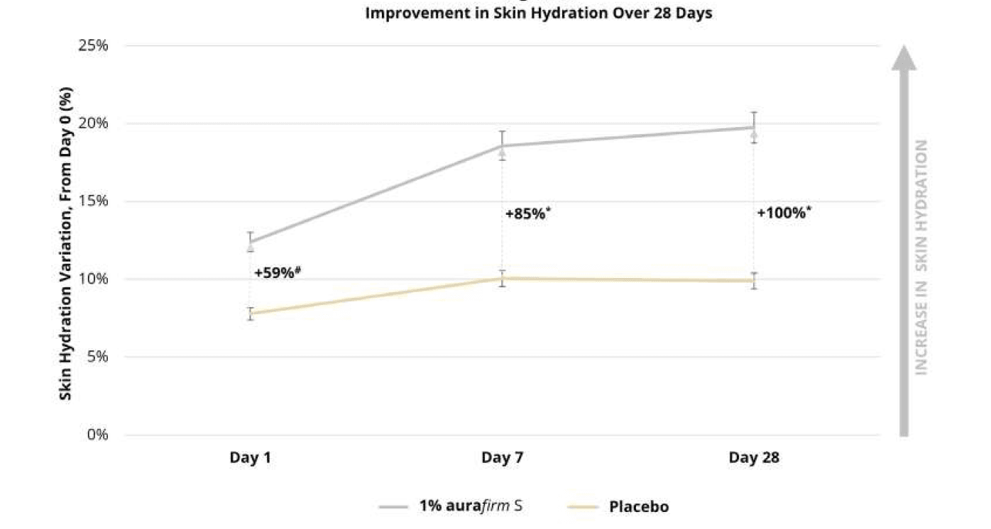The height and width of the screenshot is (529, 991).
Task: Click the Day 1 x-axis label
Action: [x=250, y=458]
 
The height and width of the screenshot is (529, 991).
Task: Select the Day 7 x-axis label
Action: [x=502, y=458]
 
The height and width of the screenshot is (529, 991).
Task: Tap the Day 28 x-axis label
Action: [x=754, y=458]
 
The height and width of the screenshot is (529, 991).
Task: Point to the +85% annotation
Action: [x=527, y=213]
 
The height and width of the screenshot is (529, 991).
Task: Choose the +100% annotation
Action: [x=784, y=213]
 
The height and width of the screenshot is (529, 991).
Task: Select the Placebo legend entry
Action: [x=638, y=506]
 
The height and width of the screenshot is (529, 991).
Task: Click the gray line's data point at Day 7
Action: [x=502, y=146]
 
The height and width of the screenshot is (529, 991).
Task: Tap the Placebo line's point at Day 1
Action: [x=250, y=313]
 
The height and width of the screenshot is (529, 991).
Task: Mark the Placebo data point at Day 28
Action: [x=754, y=281]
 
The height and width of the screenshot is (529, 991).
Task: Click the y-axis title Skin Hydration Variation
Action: [x=66, y=243]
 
